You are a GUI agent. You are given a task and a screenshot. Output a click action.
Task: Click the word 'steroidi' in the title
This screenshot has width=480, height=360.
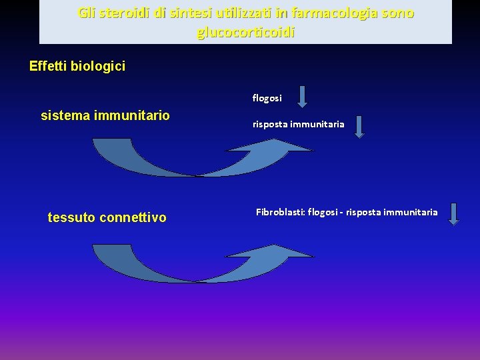tap(121, 13)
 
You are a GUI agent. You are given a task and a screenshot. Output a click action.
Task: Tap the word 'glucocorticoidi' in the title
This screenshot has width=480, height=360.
tap(245, 32)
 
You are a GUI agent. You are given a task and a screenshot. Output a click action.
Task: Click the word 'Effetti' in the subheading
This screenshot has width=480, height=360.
tap(49, 66)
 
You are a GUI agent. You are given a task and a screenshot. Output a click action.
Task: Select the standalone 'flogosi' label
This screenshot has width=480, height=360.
tap(267, 98)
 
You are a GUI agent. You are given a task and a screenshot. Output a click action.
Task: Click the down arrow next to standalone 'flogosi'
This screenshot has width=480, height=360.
tap(302, 96)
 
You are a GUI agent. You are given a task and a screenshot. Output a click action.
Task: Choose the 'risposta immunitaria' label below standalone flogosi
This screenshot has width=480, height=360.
tap(298, 124)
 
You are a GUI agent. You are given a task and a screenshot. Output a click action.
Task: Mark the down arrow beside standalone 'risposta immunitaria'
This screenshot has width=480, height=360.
tap(359, 126)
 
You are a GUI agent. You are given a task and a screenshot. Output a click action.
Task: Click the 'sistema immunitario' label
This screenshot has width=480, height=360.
tap(105, 116)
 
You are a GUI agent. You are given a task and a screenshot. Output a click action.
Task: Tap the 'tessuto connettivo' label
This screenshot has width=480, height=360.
tap(107, 217)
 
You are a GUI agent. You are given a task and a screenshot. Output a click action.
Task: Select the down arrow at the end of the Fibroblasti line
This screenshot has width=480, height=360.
tap(453, 214)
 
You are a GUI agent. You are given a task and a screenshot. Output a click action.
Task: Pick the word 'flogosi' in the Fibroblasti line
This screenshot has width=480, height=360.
tap(323, 212)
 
